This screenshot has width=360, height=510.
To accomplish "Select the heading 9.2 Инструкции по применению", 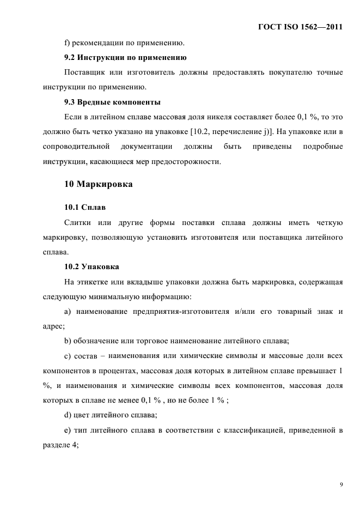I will pyautogui.click(x=126, y=57).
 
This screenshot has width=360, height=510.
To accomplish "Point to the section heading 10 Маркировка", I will pyautogui.click(x=98, y=184).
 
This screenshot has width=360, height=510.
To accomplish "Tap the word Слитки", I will pyautogui.click(x=78, y=222).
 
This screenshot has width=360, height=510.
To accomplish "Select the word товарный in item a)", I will pyautogui.click(x=292, y=312).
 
